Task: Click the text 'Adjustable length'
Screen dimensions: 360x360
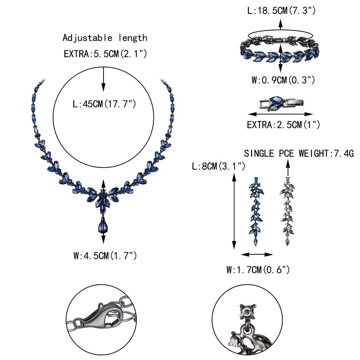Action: pyautogui.click(x=105, y=38)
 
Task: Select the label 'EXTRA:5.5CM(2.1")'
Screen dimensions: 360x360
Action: pyautogui.click(x=105, y=54)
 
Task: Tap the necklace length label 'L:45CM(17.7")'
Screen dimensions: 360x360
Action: pyautogui.click(x=104, y=104)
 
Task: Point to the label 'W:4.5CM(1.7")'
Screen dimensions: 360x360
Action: pyautogui.click(x=105, y=256)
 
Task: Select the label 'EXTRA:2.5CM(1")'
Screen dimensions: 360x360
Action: pyautogui.click(x=280, y=125)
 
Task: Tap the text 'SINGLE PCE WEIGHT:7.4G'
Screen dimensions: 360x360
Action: pyautogui.click(x=299, y=154)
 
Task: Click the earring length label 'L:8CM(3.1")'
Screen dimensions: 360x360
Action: pyautogui.click(x=218, y=166)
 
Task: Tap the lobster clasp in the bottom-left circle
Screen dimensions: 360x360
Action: pyautogui.click(x=99, y=316)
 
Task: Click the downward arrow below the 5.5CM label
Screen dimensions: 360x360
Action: pyautogui.click(x=104, y=79)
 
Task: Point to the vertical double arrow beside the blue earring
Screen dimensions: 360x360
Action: pyautogui.click(x=234, y=211)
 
